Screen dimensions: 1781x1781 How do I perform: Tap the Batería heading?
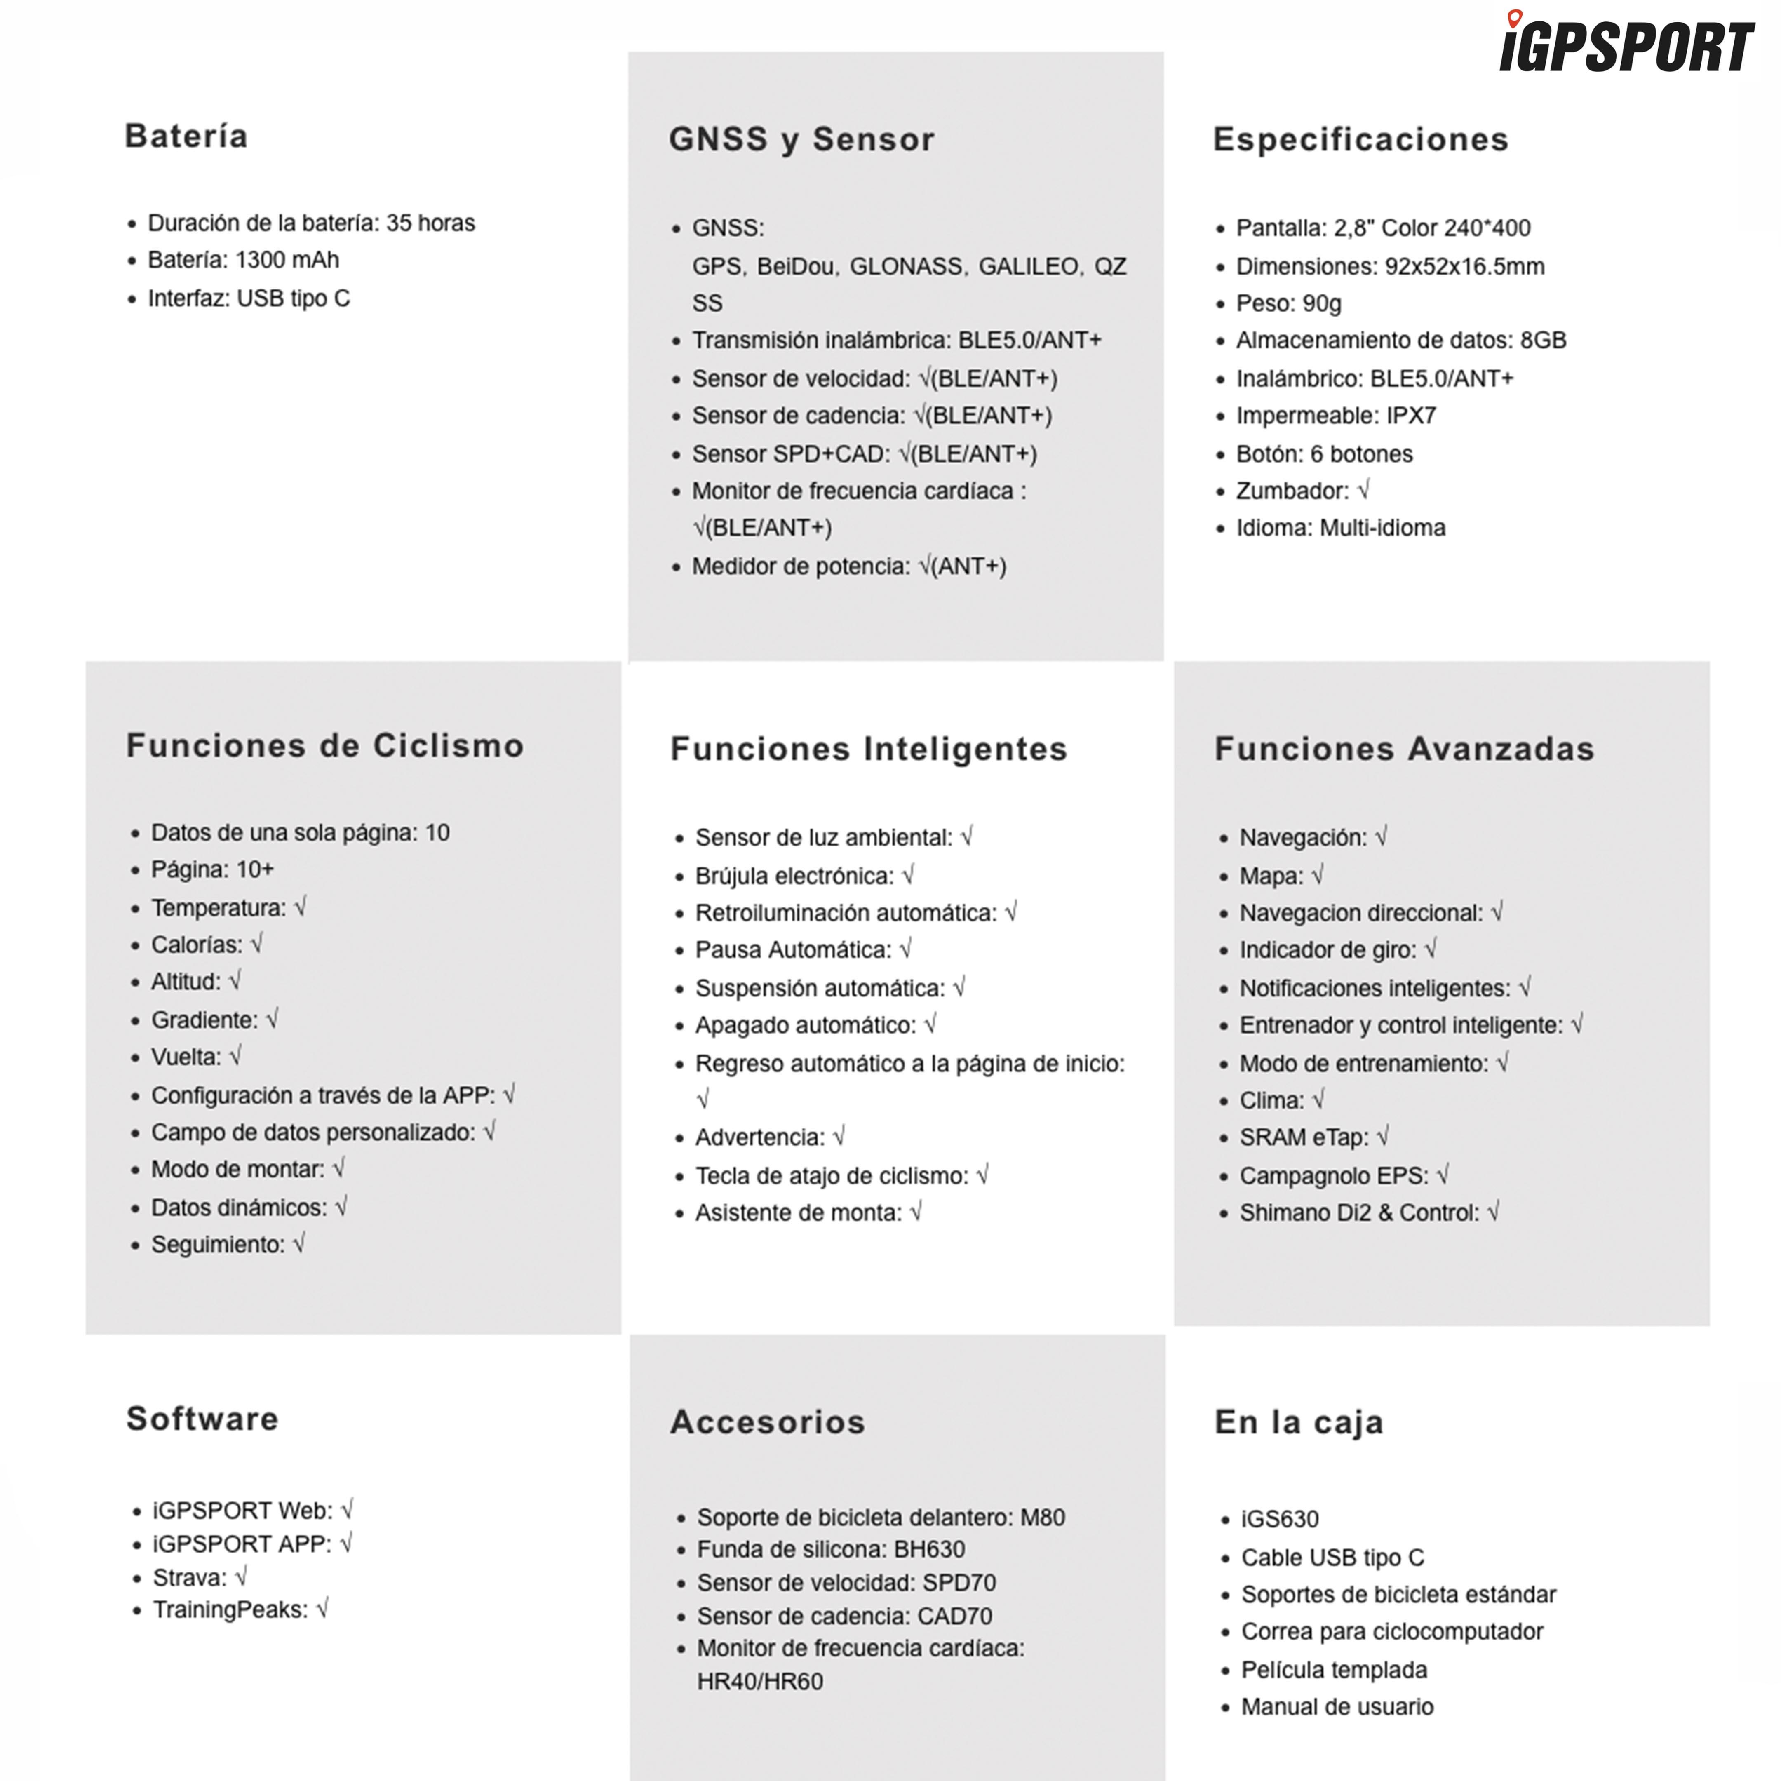[x=186, y=136]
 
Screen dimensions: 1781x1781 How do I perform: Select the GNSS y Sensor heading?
[x=801, y=139]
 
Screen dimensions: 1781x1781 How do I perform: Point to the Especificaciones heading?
[x=1360, y=139]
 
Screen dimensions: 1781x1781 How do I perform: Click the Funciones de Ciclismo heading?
[x=324, y=745]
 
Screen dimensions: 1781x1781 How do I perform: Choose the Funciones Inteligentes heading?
[x=868, y=749]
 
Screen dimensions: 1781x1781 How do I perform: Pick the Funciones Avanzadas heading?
[x=1403, y=749]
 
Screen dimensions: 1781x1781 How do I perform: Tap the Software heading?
[x=202, y=1418]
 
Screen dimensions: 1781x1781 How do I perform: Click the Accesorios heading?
[x=767, y=1422]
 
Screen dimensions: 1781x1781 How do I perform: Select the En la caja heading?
[x=1298, y=1422]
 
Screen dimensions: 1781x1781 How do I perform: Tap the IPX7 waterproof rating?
[x=1410, y=416]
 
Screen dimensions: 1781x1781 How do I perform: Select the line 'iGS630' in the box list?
[x=1280, y=1518]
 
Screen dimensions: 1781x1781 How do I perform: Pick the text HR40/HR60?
[x=759, y=1682]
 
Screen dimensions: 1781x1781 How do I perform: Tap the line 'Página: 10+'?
[x=212, y=869]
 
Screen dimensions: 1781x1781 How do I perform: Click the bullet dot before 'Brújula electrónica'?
[x=679, y=876]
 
